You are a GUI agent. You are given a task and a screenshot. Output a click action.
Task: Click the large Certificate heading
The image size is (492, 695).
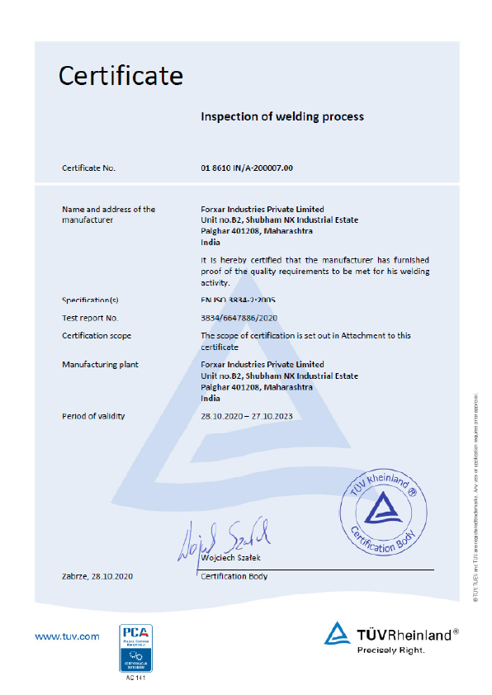(x=121, y=76)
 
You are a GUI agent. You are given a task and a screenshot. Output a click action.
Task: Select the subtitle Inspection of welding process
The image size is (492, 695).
(x=282, y=117)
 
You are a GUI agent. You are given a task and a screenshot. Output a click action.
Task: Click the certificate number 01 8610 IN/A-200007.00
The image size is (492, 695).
(x=247, y=168)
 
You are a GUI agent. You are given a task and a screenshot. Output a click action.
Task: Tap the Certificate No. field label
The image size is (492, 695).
(x=89, y=168)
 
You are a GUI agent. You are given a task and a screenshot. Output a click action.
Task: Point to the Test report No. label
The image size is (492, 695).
(x=90, y=318)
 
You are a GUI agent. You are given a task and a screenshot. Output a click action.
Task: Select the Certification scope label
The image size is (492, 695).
(x=97, y=336)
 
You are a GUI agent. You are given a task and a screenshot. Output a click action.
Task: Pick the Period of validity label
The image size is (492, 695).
(x=93, y=416)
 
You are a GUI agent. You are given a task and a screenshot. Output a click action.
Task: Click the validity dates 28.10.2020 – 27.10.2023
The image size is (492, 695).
(x=247, y=416)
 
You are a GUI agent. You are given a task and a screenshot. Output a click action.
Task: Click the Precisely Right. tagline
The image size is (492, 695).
(x=391, y=650)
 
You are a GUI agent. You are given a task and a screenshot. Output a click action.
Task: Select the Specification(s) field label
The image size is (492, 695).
(x=91, y=300)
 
